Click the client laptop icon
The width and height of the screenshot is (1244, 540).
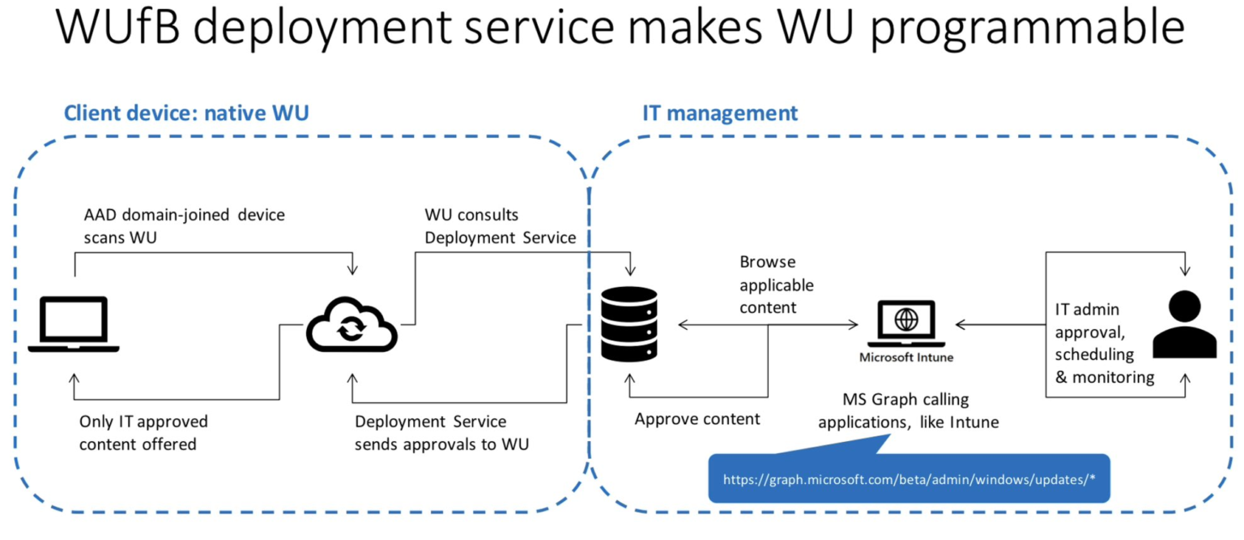pyautogui.click(x=74, y=324)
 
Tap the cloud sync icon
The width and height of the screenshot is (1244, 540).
pyautogui.click(x=351, y=325)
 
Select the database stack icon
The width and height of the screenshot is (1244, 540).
pyautogui.click(x=628, y=324)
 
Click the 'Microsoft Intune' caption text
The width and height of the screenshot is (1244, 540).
pyautogui.click(x=905, y=357)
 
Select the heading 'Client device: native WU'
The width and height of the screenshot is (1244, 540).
pyautogui.click(x=186, y=113)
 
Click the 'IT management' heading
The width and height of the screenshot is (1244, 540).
pyautogui.click(x=720, y=113)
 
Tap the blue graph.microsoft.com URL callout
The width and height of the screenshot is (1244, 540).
pyautogui.click(x=909, y=479)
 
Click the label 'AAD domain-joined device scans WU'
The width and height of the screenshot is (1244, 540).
pyautogui.click(x=185, y=227)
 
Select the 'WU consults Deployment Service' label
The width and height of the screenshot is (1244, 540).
pyautogui.click(x=500, y=226)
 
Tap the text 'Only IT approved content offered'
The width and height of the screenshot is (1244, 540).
pyautogui.click(x=143, y=433)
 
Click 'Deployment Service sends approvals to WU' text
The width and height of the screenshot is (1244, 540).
pyautogui.click(x=441, y=433)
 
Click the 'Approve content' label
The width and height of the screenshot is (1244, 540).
pyautogui.click(x=697, y=419)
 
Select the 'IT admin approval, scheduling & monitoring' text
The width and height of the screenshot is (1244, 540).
pyautogui.click(x=1105, y=343)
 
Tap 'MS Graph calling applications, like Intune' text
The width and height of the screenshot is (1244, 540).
pyautogui.click(x=908, y=410)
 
